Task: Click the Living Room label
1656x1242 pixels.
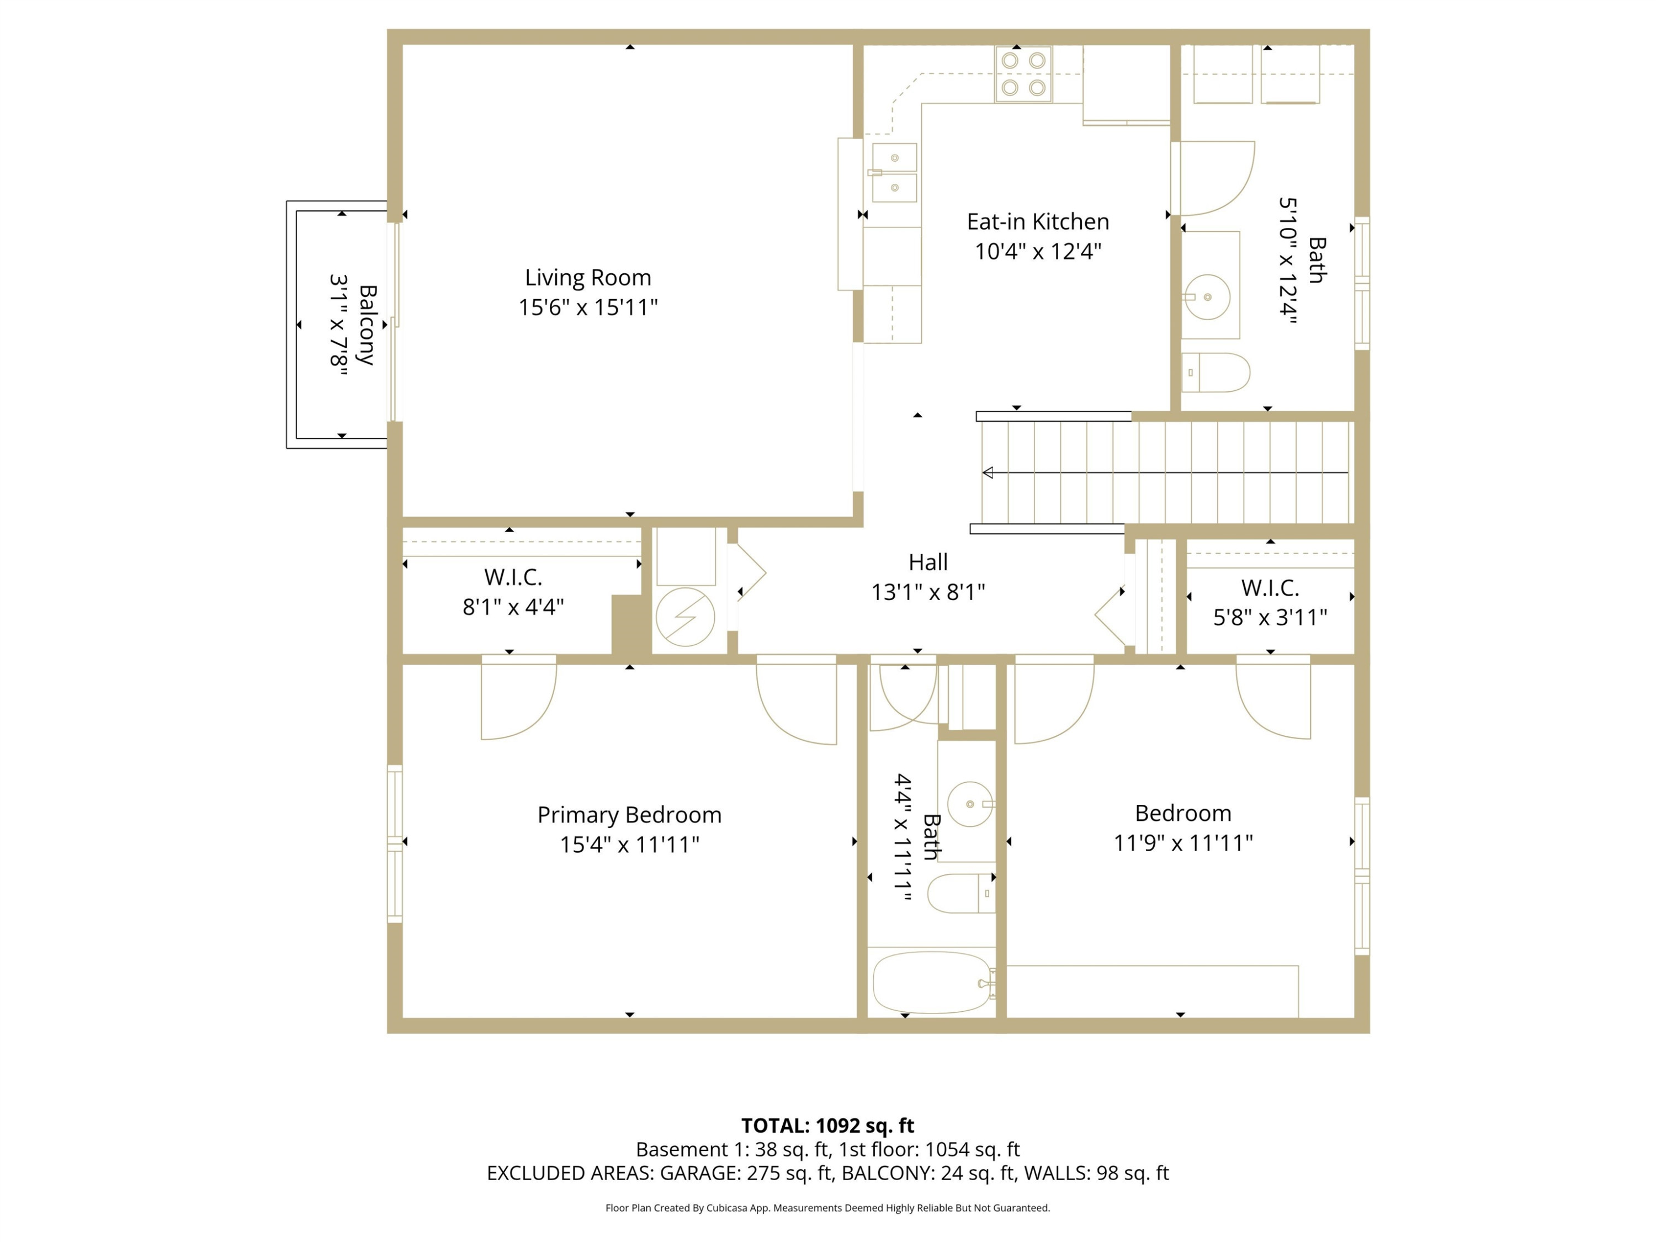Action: (588, 278)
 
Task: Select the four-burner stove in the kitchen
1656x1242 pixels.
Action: (1023, 74)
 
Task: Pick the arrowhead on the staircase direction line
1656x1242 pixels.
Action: (988, 473)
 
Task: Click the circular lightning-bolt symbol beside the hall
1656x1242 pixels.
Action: (685, 617)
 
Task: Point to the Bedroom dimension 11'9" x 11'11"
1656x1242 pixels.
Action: (1183, 843)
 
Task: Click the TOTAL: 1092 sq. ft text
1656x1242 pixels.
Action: (827, 1126)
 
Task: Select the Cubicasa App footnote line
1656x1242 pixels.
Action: (827, 1208)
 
